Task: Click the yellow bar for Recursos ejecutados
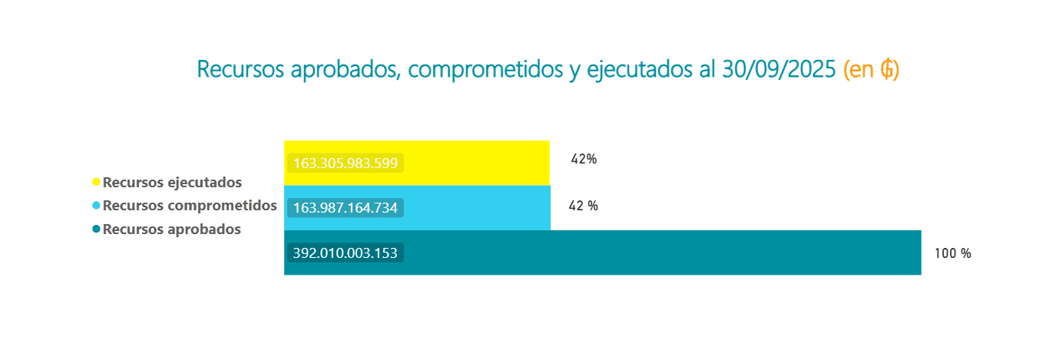[x=476, y=163]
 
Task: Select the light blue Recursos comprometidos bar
[x=476, y=207]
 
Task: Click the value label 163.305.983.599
[x=346, y=163]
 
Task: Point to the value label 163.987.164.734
[x=346, y=208]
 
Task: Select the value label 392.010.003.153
[x=346, y=253]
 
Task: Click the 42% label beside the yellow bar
[x=584, y=160]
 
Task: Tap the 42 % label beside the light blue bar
[x=583, y=206]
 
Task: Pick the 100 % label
[x=952, y=253]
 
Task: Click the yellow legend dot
[x=96, y=183]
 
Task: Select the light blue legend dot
[x=96, y=206]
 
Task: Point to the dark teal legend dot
[x=96, y=229]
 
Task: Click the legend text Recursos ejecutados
[x=172, y=183]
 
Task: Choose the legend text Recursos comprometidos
[x=190, y=206]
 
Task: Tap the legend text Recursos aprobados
[x=171, y=229]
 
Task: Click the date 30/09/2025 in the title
[x=778, y=70]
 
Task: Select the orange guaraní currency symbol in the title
[x=887, y=70]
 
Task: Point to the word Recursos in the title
[x=240, y=70]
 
